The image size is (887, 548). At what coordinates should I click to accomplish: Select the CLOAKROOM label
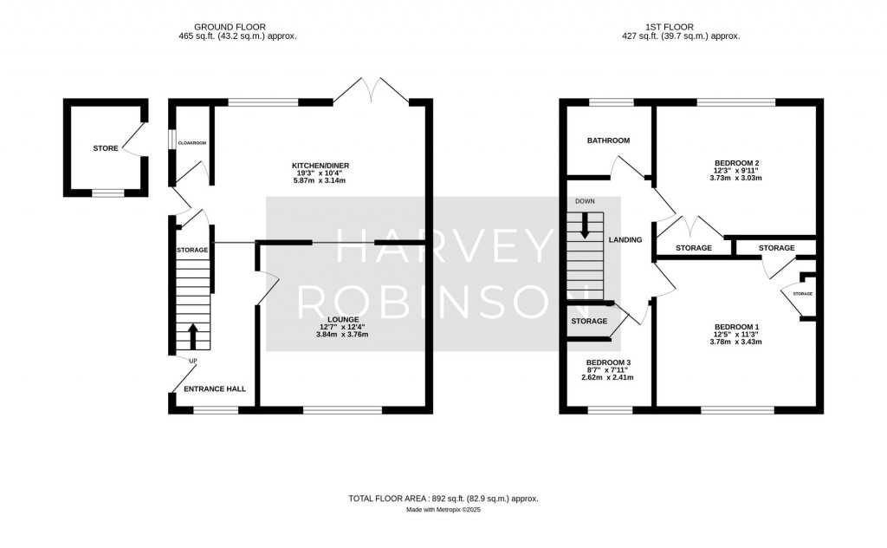click(192, 142)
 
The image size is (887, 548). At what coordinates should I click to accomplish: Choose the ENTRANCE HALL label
click(215, 389)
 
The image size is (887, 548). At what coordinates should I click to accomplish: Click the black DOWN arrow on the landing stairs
click(585, 225)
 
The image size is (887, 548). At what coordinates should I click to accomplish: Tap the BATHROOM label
click(608, 140)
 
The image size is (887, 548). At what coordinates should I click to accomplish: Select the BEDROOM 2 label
click(737, 163)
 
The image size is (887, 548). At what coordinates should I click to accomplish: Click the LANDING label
click(625, 240)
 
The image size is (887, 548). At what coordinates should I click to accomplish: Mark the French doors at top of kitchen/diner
click(372, 90)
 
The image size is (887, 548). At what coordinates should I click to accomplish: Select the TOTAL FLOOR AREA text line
click(443, 499)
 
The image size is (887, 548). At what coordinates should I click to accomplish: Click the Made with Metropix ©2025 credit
click(443, 510)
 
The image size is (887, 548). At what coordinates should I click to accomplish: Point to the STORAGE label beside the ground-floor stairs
click(192, 251)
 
